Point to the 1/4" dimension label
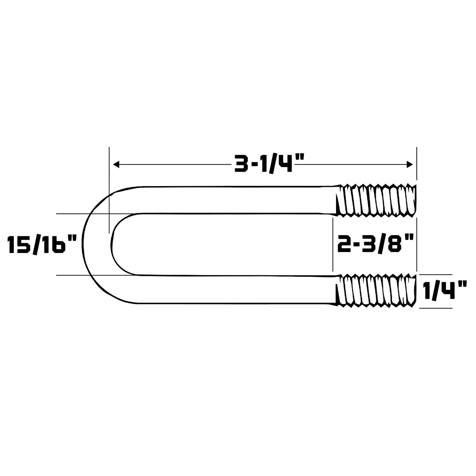pos(442,291)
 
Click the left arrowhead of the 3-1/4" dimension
pos(116,164)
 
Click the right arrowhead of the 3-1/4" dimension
pos(409,164)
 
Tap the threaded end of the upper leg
pos(376,200)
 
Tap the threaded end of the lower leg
pos(376,290)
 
